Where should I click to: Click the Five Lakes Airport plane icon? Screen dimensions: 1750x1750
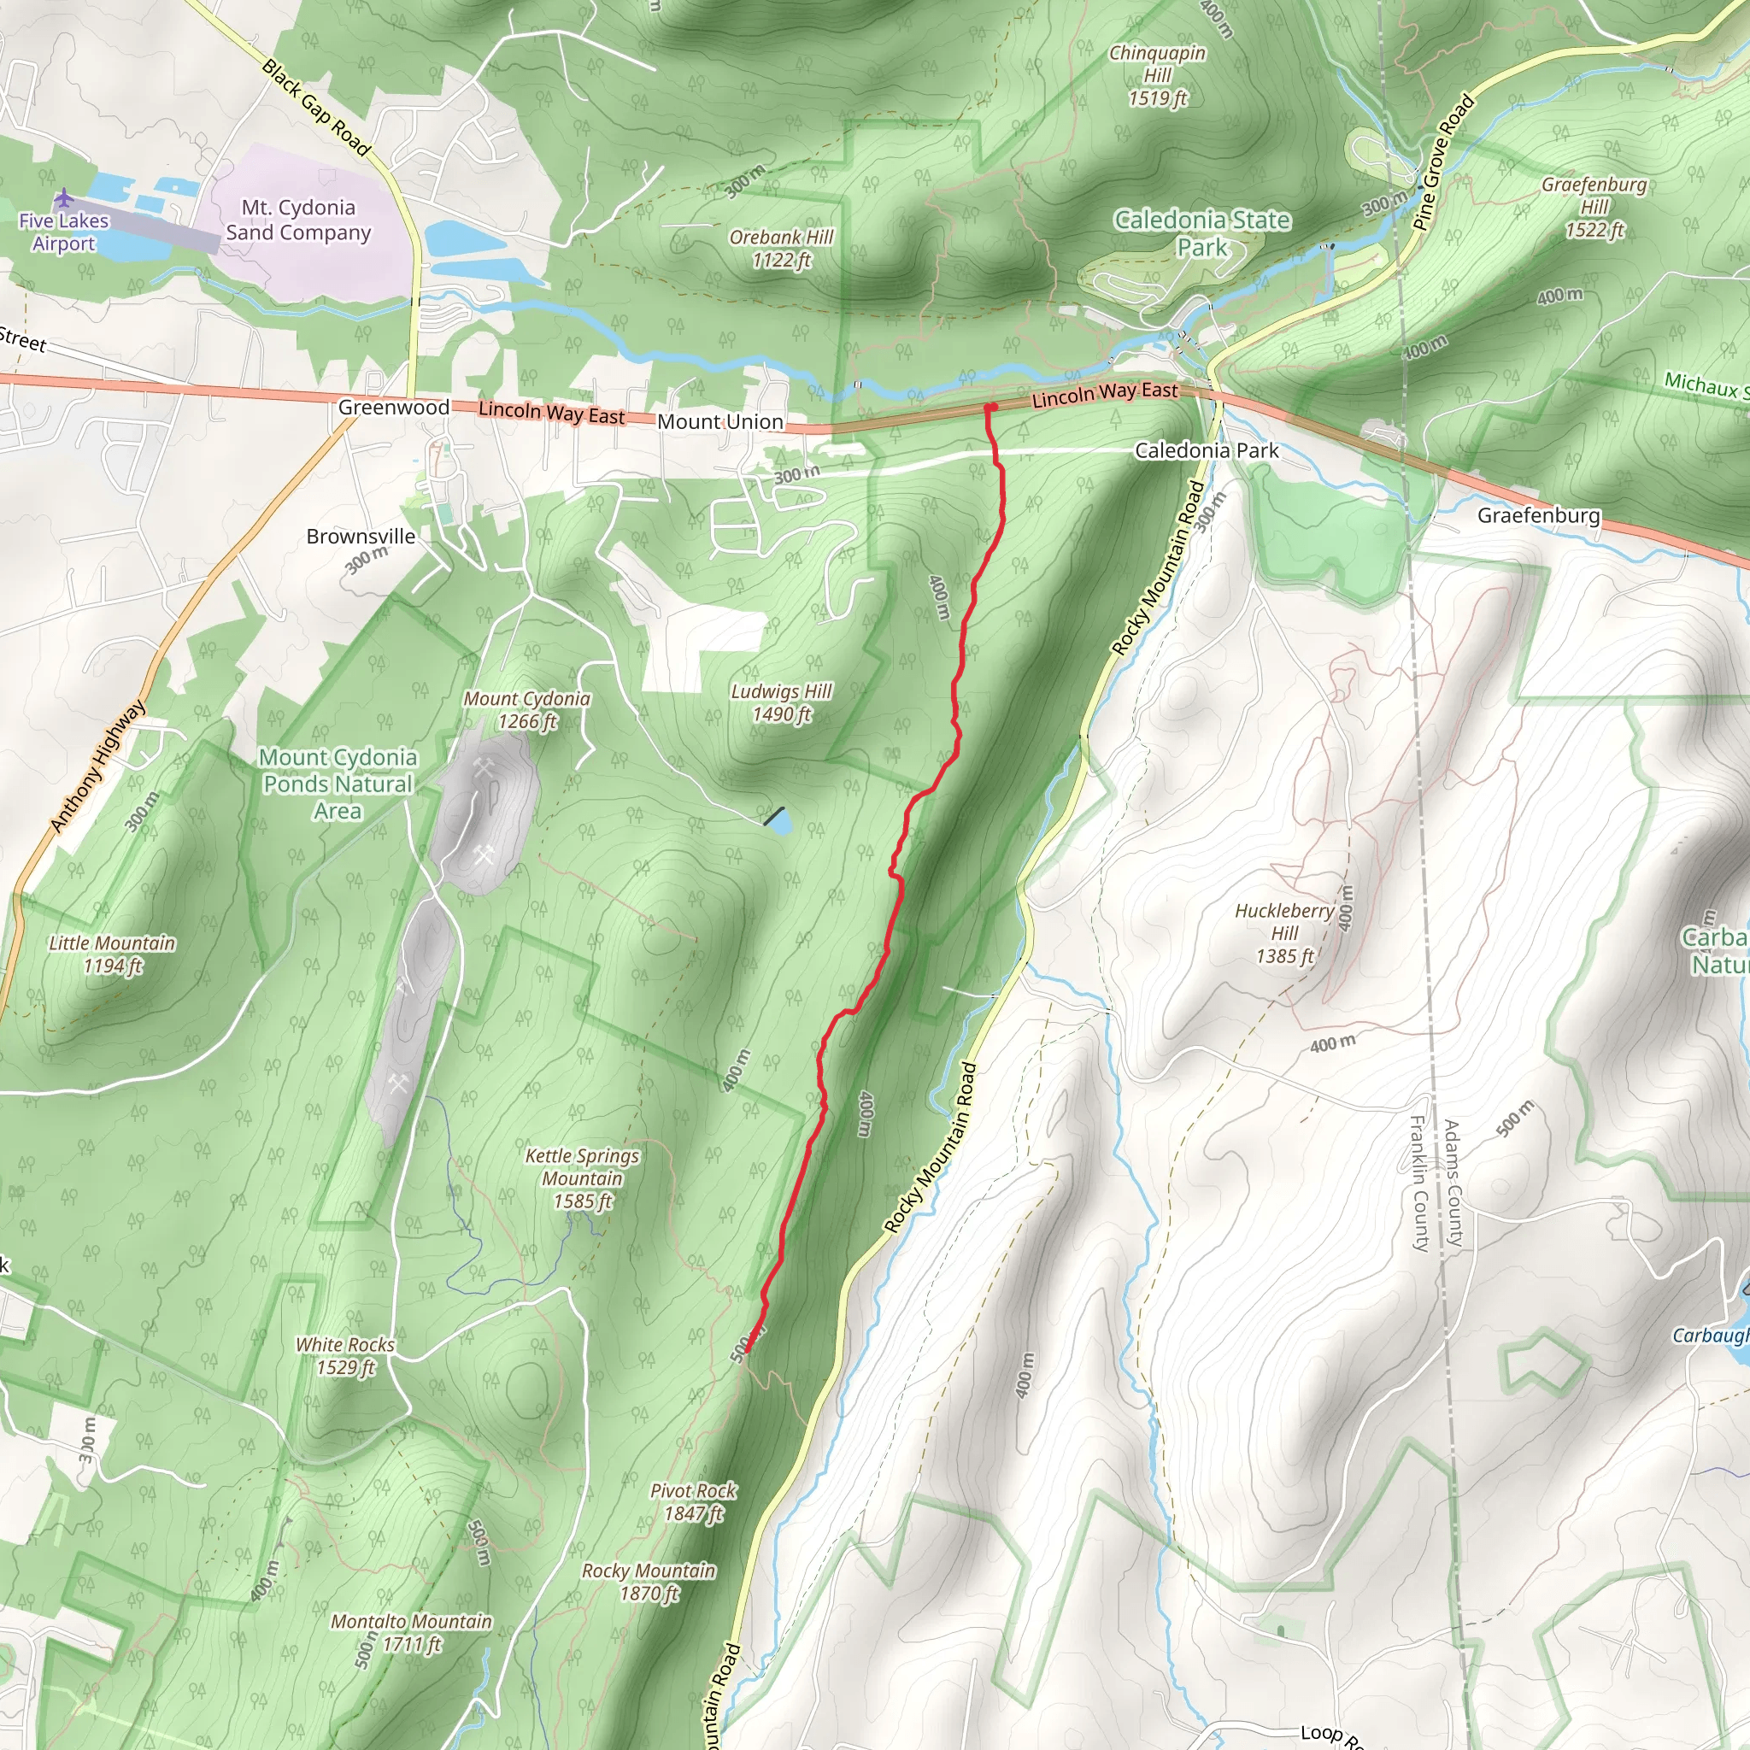click(x=63, y=197)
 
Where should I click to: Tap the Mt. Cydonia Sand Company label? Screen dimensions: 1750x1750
click(x=298, y=220)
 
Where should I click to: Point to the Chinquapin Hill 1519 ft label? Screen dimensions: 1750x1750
click(x=1158, y=76)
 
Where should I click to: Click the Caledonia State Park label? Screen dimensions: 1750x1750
click(x=1202, y=233)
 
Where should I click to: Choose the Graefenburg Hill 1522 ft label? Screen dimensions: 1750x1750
click(x=1594, y=208)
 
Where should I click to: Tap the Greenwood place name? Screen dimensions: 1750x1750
click(x=393, y=408)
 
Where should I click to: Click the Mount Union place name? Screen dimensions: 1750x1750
click(x=720, y=422)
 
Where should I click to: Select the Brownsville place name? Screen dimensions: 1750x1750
click(x=361, y=537)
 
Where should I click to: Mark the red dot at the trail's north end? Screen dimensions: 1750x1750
click(x=992, y=408)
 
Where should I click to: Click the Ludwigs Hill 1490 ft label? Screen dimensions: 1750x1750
click(x=782, y=703)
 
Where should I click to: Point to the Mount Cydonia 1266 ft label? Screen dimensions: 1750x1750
click(x=526, y=710)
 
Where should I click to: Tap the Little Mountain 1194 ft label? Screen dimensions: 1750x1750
click(x=112, y=954)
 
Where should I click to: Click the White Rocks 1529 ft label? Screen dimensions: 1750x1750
click(x=345, y=1356)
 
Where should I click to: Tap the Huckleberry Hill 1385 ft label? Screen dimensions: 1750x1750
click(x=1284, y=933)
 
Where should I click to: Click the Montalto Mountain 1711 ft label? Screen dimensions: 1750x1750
click(x=411, y=1632)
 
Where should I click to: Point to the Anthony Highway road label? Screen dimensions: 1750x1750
click(x=97, y=766)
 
